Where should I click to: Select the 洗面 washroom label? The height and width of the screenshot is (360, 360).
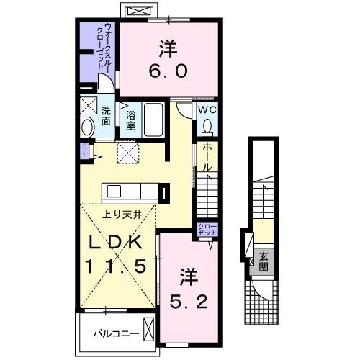(x=106, y=116)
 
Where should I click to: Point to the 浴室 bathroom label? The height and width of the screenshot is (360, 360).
(x=131, y=119)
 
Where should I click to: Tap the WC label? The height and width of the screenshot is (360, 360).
(x=207, y=110)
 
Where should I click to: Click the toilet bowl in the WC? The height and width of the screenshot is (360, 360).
(x=207, y=126)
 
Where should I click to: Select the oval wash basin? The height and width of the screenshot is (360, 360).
(x=88, y=128)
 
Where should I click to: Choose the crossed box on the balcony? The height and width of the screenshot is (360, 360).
(x=148, y=332)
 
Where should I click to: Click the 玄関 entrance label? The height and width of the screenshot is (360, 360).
(x=264, y=258)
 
